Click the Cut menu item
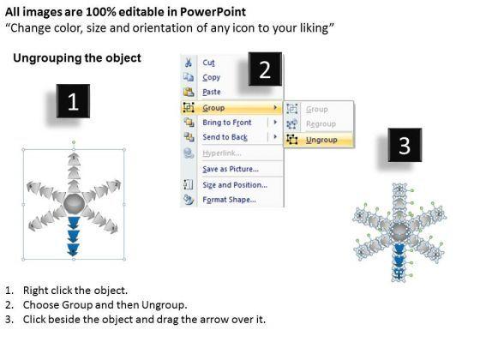click(208, 63)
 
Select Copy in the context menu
click(211, 77)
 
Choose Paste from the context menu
click(212, 92)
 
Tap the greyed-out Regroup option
click(321, 124)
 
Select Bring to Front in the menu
click(227, 123)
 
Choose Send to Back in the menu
click(225, 137)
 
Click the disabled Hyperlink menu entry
click(222, 153)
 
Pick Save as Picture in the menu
click(231, 169)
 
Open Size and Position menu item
click(235, 185)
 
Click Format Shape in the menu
click(229, 200)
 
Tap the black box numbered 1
click(73, 101)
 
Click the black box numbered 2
click(265, 69)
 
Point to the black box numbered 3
click(405, 145)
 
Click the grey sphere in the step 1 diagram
click(74, 203)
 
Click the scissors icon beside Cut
click(189, 62)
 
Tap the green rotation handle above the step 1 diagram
click(74, 142)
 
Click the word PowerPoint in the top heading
click(213, 12)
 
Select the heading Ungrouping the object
click(77, 58)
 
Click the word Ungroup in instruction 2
click(164, 305)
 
